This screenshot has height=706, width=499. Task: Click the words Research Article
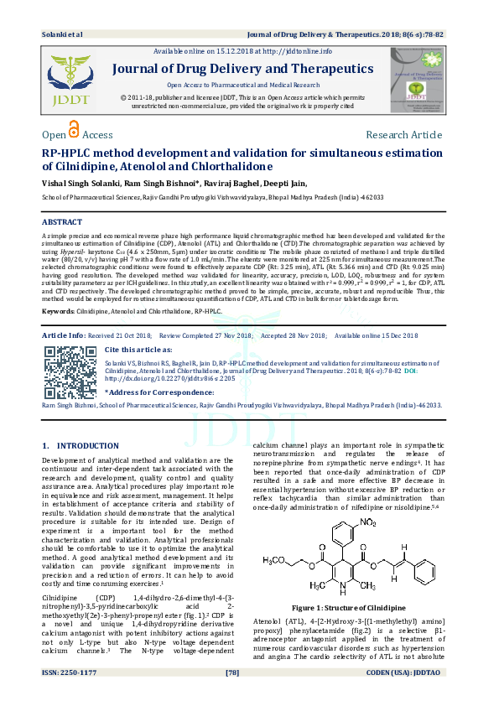pos(403,135)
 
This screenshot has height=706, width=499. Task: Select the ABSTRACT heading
pos(62,221)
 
